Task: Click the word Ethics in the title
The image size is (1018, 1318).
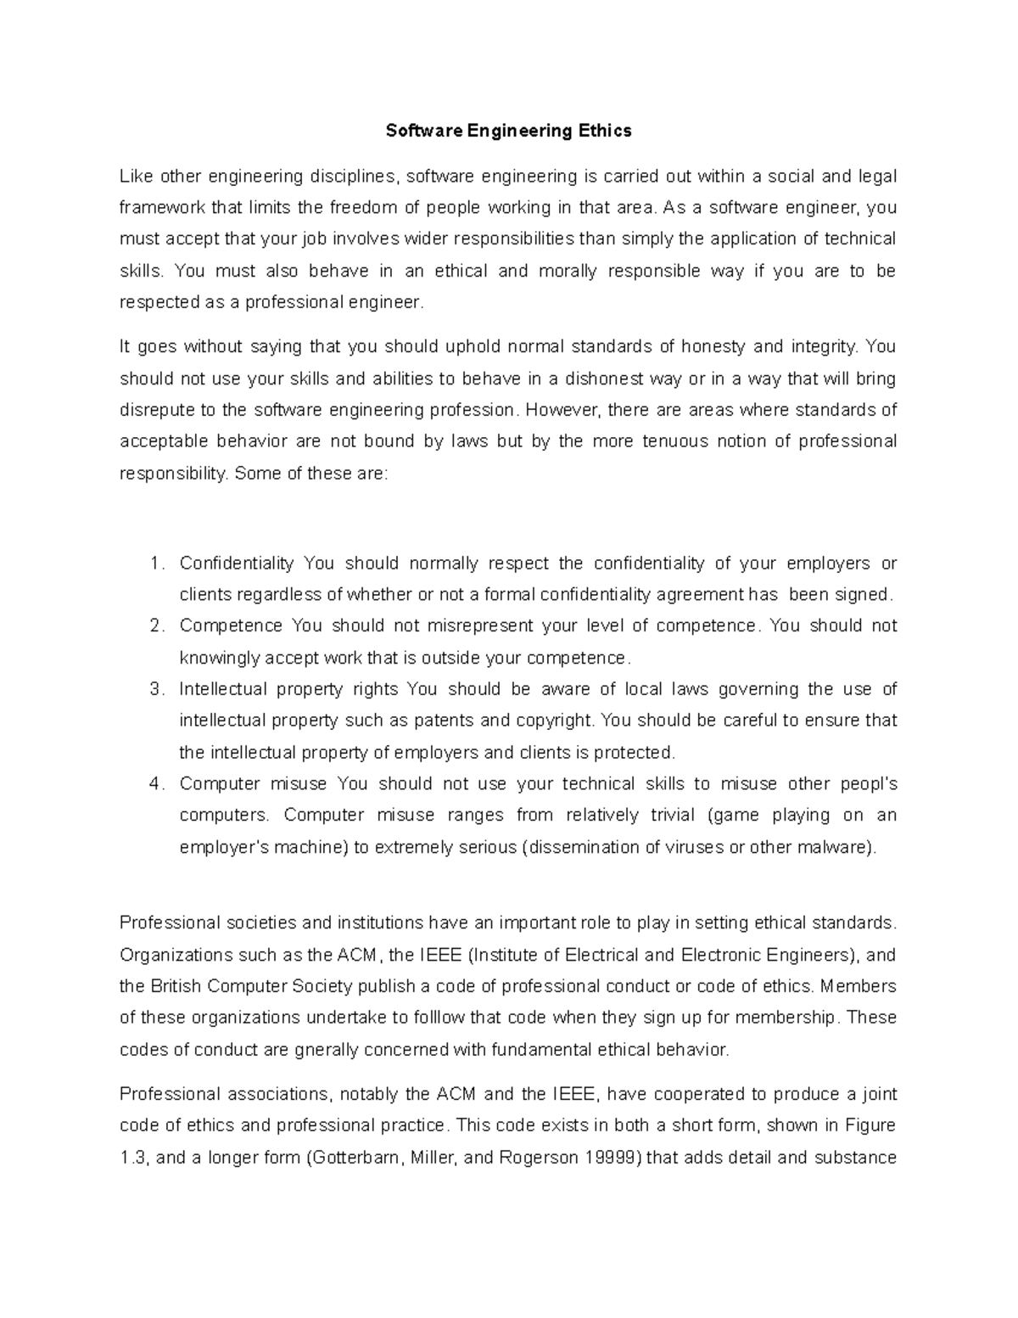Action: click(605, 131)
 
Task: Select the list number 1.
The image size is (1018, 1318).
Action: click(154, 564)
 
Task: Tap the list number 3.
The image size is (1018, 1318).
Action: click(154, 689)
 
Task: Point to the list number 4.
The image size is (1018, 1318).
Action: click(154, 783)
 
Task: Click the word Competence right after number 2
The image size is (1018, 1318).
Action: click(231, 625)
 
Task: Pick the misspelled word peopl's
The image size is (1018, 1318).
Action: click(867, 783)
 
